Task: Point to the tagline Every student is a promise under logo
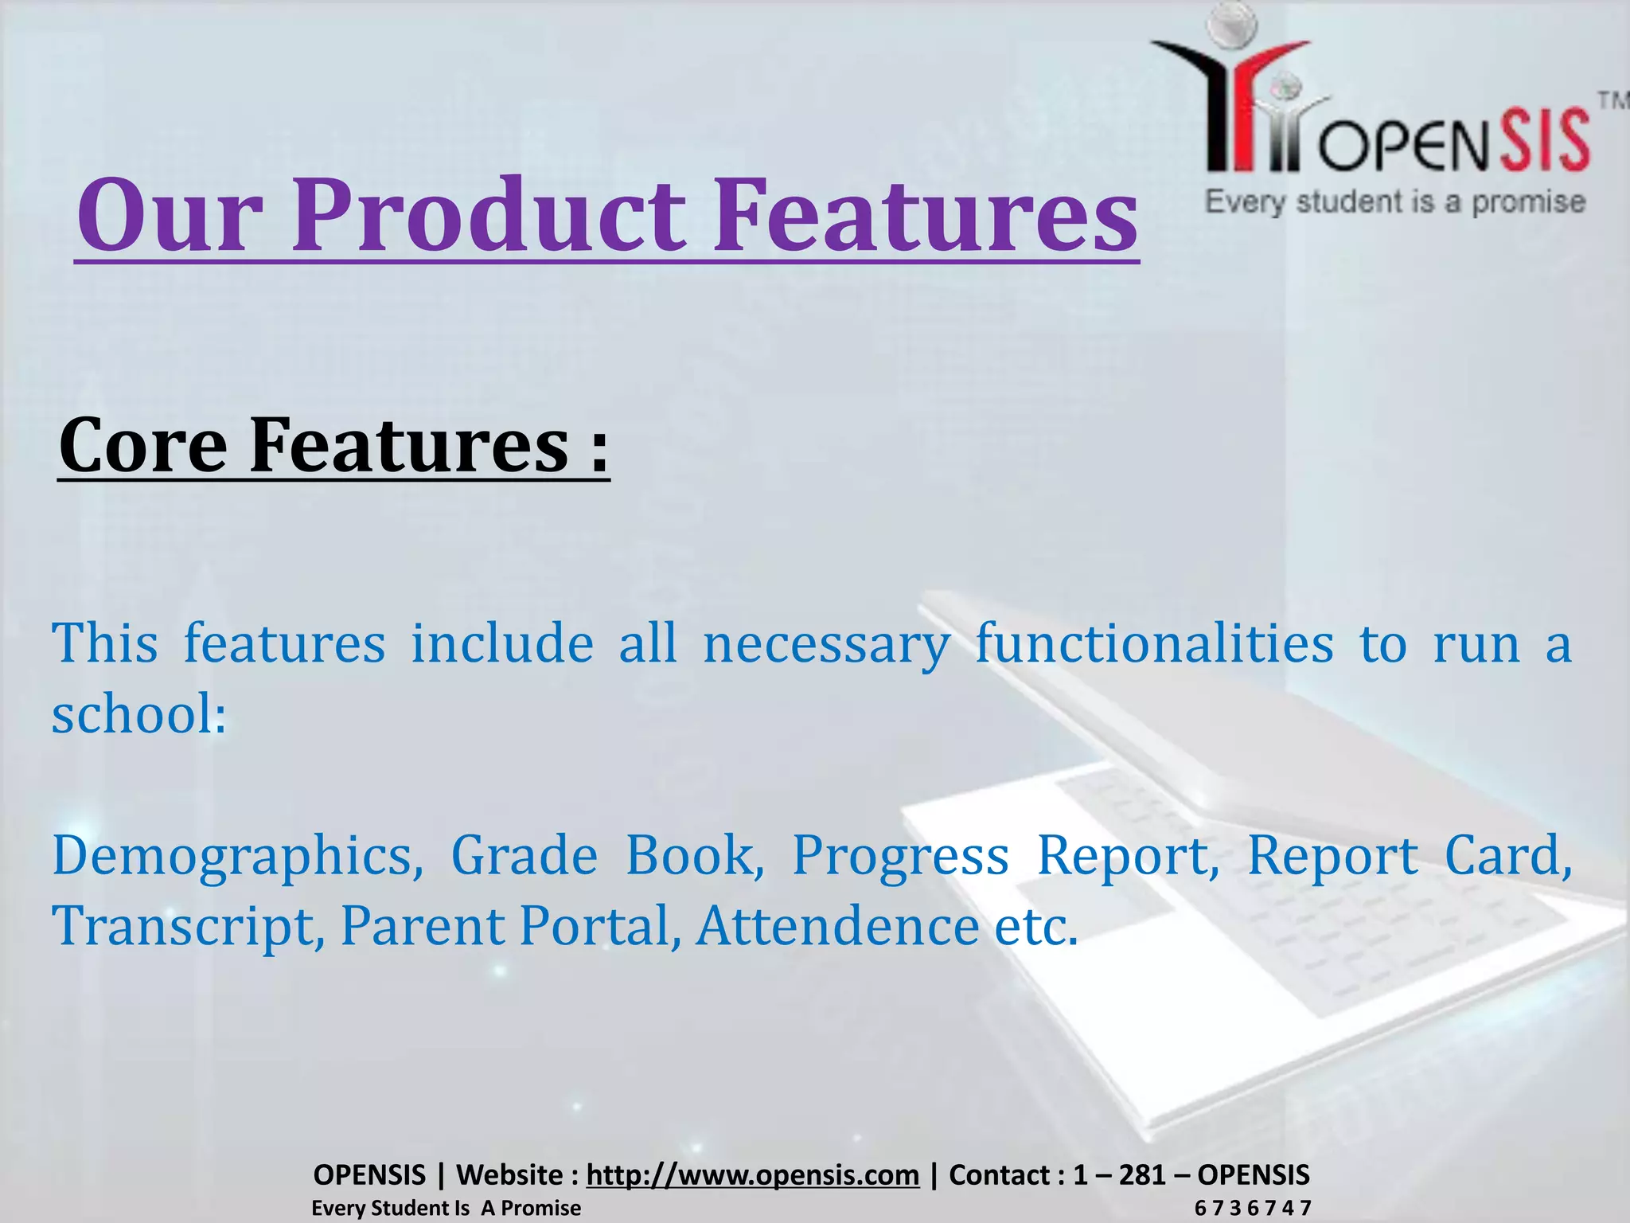pos(1395,201)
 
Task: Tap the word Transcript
pos(183,926)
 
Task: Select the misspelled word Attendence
pos(837,926)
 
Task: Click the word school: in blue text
pos(139,713)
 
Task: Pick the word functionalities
pos(1154,643)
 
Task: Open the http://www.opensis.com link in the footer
pos(752,1174)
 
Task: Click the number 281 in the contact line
pos(1141,1174)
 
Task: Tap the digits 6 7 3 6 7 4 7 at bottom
pos(1252,1208)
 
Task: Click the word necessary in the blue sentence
pos(826,643)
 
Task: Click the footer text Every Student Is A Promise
pos(446,1208)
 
